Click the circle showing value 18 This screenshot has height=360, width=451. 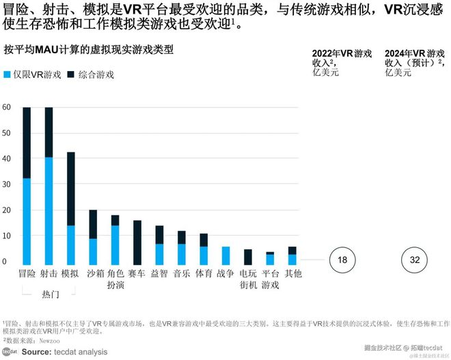(x=343, y=260)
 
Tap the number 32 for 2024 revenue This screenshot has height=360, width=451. (x=415, y=260)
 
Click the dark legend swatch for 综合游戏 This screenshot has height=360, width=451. (x=70, y=74)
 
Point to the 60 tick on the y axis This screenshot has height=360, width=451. (x=6, y=107)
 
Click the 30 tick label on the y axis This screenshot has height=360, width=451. (x=6, y=184)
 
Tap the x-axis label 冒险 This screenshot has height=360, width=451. (x=27, y=273)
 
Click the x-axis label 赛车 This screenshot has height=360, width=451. (x=137, y=273)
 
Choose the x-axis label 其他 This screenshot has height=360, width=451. (x=292, y=273)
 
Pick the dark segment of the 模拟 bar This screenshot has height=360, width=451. (x=70, y=188)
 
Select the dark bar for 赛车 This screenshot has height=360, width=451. (x=137, y=243)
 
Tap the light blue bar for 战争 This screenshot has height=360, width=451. (x=225, y=255)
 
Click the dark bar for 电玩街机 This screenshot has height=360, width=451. (x=248, y=257)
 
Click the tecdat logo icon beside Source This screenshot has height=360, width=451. (x=10, y=350)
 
